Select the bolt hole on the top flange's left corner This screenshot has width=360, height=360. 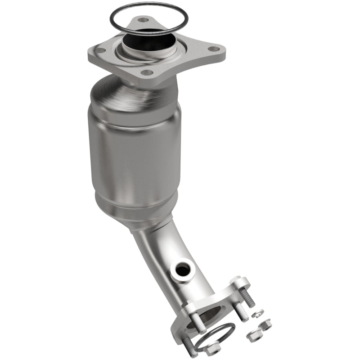[x=101, y=50]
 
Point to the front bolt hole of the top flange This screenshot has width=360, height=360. [x=147, y=72]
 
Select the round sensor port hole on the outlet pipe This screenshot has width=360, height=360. [x=183, y=270]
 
